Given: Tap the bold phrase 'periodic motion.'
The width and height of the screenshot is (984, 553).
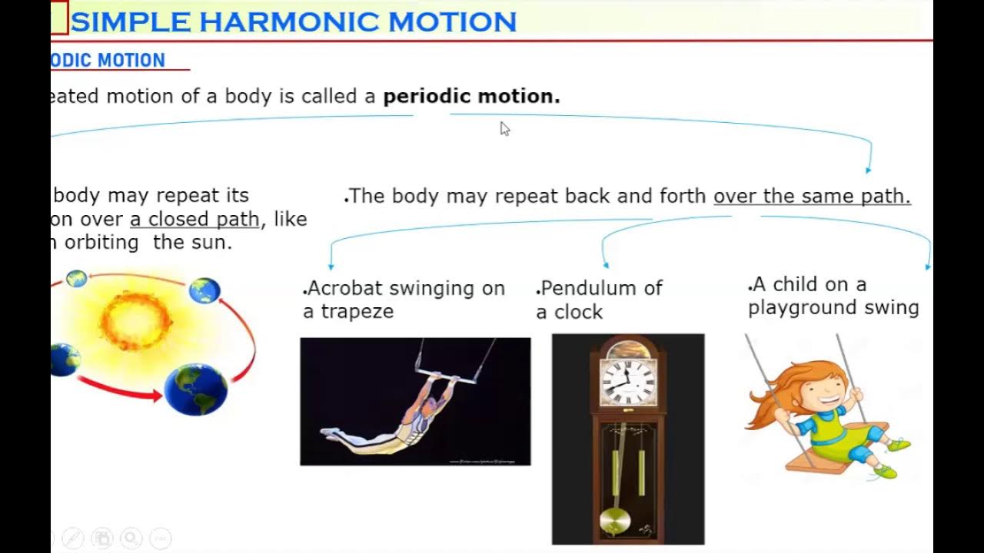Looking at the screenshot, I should (471, 97).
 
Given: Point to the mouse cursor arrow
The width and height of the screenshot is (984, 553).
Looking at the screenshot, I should (504, 128).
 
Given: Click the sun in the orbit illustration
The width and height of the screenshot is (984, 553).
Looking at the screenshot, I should (136, 320).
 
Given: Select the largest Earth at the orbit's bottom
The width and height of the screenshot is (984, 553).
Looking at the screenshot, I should (196, 389).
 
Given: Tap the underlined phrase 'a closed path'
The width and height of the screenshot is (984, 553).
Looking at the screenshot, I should (194, 220).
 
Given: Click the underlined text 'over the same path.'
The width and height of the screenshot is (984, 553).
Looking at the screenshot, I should (812, 197).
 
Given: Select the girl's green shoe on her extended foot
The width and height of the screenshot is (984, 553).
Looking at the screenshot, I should (897, 445).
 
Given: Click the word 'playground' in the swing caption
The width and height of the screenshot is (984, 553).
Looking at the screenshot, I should (803, 308).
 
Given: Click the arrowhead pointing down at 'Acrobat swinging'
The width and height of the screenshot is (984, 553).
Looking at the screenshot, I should (331, 265).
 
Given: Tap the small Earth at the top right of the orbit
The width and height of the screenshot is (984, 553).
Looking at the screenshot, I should (204, 290).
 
